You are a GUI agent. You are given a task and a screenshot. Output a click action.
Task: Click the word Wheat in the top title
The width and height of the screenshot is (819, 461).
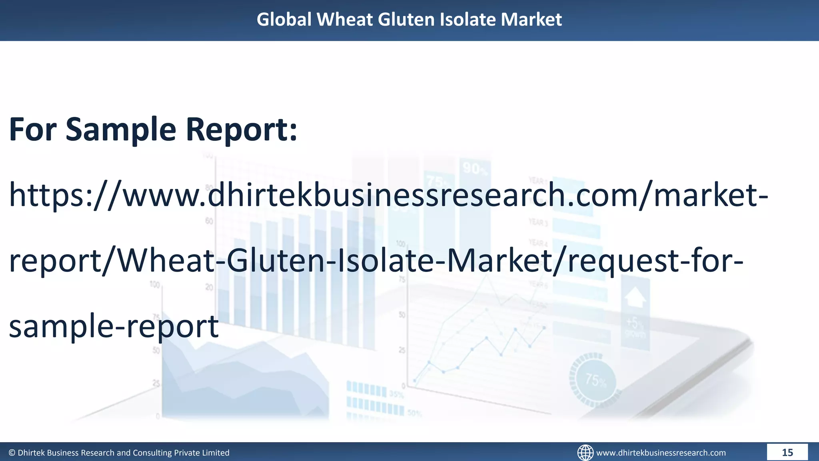(344, 19)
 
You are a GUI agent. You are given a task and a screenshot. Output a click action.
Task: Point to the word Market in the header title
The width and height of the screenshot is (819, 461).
(531, 19)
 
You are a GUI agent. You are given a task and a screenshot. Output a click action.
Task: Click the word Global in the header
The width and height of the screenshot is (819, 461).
(284, 19)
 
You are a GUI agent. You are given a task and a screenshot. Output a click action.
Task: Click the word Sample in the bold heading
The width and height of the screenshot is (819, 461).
(121, 129)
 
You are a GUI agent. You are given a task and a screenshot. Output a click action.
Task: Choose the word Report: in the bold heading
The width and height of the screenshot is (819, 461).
(242, 129)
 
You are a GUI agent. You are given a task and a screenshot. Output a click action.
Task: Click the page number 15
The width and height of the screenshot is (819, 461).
(787, 452)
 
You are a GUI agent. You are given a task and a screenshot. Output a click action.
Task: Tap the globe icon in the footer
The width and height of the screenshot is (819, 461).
(585, 453)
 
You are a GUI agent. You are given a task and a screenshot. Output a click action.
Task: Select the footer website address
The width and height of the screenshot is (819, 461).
(661, 453)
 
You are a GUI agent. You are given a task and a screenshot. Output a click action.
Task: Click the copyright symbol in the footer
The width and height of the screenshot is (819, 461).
(12, 453)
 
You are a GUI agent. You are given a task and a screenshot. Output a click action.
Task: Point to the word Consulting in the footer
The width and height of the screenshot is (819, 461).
(152, 453)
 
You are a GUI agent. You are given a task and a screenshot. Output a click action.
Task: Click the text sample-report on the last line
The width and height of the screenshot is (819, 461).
(114, 326)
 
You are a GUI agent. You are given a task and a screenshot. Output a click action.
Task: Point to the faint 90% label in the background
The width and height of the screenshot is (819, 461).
(475, 168)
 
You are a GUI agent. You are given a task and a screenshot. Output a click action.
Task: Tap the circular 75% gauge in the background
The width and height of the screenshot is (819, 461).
(595, 380)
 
